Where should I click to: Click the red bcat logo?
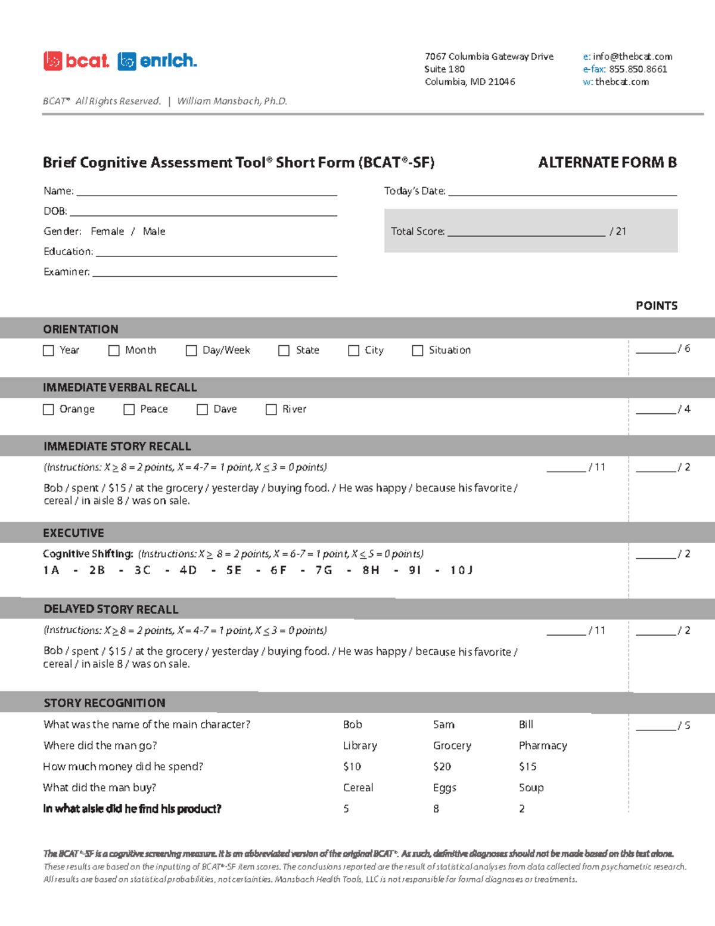click(76, 61)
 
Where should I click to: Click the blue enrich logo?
click(157, 61)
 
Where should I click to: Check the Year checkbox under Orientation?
click(49, 351)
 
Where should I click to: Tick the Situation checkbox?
click(418, 351)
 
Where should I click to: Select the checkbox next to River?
click(271, 410)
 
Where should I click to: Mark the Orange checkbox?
click(49, 410)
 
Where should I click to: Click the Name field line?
click(206, 192)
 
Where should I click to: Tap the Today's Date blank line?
click(562, 192)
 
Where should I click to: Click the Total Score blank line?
click(526, 233)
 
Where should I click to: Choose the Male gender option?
click(154, 231)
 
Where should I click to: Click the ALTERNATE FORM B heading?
click(607, 163)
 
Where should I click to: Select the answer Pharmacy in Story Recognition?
click(543, 745)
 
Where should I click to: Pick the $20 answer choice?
click(442, 767)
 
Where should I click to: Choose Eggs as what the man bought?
click(444, 788)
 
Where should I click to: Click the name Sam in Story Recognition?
click(444, 724)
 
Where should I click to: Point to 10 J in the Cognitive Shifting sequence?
click(461, 571)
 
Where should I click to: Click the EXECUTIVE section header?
click(73, 533)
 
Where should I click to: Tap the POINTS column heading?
click(656, 306)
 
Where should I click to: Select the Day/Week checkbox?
click(191, 351)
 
